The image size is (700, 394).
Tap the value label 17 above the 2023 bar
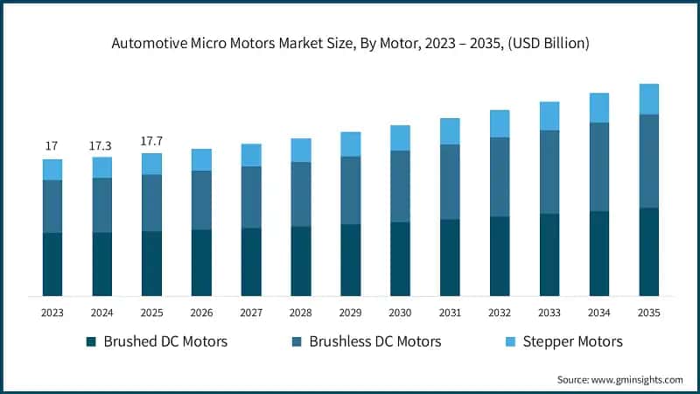52,145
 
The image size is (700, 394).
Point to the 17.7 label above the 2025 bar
151,140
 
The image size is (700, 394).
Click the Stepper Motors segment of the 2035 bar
648,99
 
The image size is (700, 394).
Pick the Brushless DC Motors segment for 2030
400,186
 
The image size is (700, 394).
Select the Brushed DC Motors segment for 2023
52,264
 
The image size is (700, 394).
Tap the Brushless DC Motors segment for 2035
648,161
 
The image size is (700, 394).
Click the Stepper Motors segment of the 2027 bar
251,155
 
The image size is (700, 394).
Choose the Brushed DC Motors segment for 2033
549,255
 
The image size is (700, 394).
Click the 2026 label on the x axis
201,313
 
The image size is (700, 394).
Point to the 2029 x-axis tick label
350,313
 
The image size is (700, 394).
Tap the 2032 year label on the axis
500,313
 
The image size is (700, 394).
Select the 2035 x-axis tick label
648,313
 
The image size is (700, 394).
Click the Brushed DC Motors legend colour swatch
91,341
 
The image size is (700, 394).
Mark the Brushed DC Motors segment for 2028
301,261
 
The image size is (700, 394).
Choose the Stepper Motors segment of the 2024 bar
101,167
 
